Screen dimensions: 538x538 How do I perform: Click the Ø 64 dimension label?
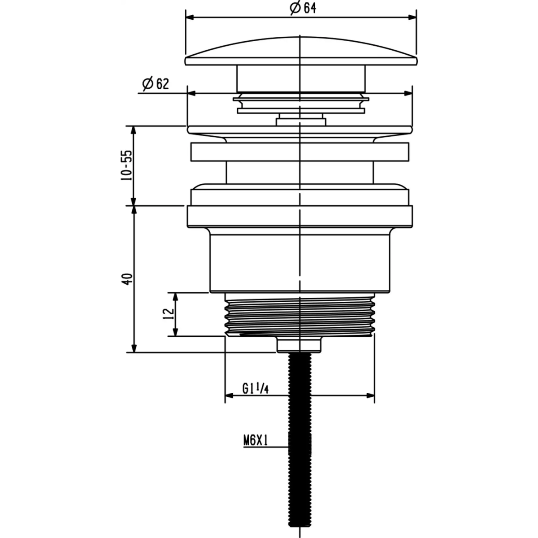pos(303,8)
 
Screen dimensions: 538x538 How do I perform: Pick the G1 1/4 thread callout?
pos(255,388)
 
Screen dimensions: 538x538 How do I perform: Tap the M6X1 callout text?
pos(256,441)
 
